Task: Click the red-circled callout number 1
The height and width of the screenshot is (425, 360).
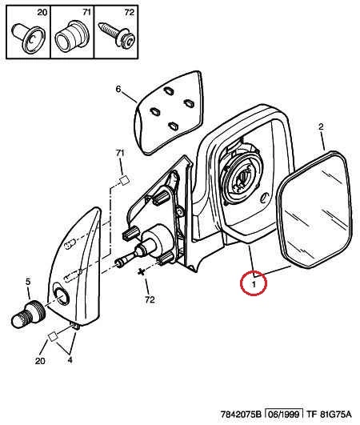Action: click(x=254, y=285)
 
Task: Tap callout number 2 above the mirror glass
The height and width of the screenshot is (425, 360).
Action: click(x=321, y=126)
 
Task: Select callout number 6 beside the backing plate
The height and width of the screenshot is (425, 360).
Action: click(x=118, y=89)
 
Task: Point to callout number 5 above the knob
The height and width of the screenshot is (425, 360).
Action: click(x=28, y=282)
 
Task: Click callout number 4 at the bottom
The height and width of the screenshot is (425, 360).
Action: click(x=70, y=360)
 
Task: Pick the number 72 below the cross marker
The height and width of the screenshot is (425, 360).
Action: click(x=150, y=299)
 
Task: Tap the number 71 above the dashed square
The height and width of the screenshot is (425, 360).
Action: click(x=120, y=153)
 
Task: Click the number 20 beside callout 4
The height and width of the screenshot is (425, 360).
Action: click(x=40, y=361)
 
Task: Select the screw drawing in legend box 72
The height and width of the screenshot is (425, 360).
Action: click(x=118, y=34)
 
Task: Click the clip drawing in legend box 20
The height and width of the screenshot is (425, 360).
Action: click(x=28, y=36)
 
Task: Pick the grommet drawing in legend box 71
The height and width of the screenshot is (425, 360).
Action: click(x=71, y=37)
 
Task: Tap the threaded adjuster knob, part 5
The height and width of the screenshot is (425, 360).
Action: click(x=29, y=315)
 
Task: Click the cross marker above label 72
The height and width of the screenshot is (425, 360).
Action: click(x=141, y=272)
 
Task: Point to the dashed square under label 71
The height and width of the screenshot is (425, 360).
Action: click(x=125, y=180)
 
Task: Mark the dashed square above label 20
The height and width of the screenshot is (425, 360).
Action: click(x=53, y=337)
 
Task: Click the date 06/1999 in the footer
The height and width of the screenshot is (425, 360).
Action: click(x=284, y=414)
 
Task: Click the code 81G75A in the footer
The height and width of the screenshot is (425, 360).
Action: click(x=335, y=414)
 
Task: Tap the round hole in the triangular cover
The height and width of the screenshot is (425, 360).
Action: click(x=61, y=295)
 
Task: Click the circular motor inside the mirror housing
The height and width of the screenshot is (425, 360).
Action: click(x=241, y=177)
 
